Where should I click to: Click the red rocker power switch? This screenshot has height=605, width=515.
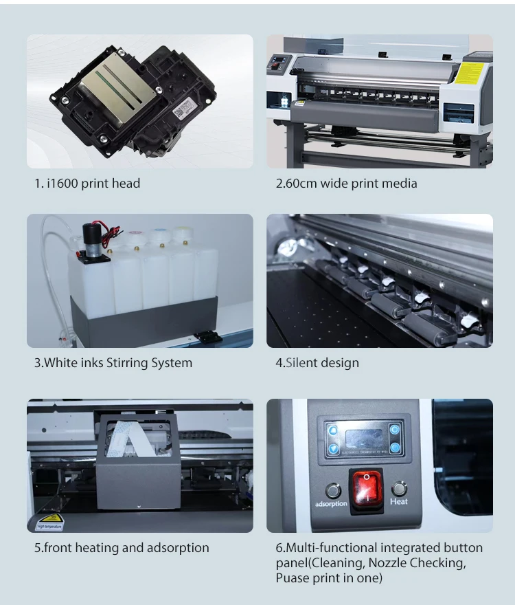(x=366, y=488)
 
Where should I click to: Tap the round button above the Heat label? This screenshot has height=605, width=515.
(x=399, y=489)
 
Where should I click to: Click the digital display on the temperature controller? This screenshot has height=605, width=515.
(x=363, y=438)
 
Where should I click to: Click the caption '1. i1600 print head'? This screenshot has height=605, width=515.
(x=87, y=184)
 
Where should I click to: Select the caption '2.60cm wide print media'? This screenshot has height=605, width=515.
(x=346, y=184)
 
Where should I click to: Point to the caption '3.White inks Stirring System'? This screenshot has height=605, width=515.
(x=113, y=362)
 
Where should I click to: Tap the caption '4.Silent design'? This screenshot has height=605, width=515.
(x=317, y=362)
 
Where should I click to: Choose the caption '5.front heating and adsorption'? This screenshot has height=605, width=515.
(x=122, y=548)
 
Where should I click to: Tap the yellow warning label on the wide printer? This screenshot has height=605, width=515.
(x=472, y=72)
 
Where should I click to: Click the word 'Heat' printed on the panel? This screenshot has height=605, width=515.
(x=399, y=502)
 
